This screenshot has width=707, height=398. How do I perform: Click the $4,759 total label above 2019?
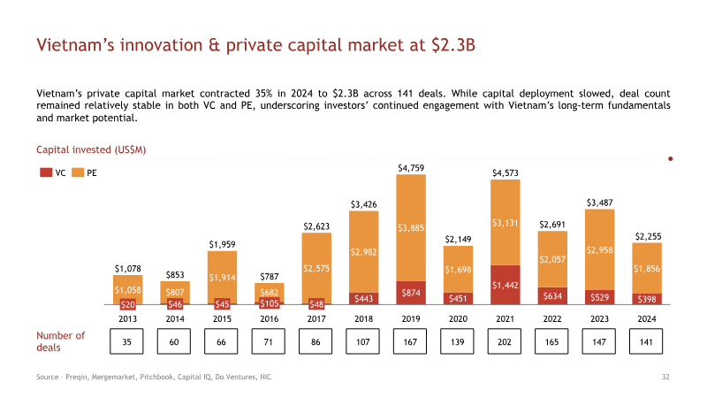(411, 168)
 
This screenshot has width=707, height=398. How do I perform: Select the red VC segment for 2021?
(505, 285)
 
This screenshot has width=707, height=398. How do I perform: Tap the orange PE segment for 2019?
(411, 228)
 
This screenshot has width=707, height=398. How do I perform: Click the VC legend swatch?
(46, 172)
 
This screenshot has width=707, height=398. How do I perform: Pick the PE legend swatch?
(78, 172)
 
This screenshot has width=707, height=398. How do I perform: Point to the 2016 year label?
(270, 318)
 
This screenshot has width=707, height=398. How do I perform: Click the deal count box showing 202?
(504, 341)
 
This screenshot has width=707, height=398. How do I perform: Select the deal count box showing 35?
(126, 341)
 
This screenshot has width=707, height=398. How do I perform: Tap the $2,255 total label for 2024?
(648, 236)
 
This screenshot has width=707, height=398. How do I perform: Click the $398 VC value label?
(647, 299)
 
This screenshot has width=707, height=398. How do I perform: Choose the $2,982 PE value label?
(363, 252)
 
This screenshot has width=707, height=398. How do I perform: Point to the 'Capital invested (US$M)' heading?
(91, 149)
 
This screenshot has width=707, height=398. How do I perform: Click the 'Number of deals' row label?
(60, 341)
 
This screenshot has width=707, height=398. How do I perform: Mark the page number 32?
(665, 377)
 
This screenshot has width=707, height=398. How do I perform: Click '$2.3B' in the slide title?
(453, 45)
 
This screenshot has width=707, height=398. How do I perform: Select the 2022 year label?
(552, 318)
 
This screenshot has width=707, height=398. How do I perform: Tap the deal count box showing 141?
(646, 341)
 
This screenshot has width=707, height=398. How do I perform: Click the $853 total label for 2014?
(175, 275)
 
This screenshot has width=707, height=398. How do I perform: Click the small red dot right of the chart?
(671, 159)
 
